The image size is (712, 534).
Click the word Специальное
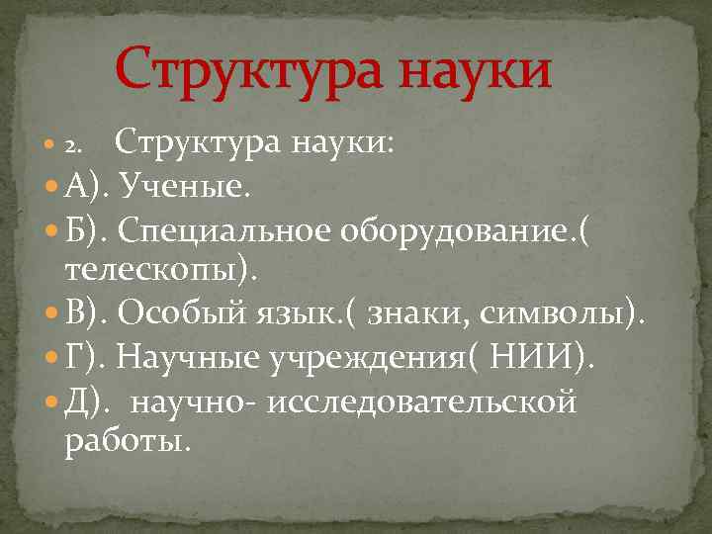pos(226,230)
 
